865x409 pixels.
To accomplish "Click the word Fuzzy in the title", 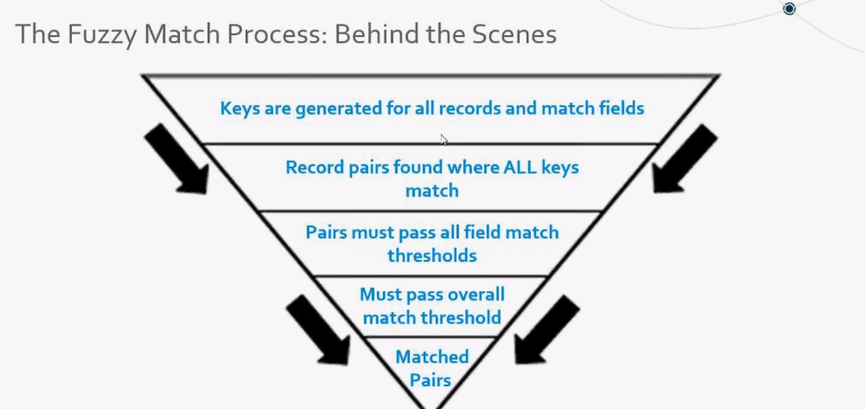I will tap(102, 35).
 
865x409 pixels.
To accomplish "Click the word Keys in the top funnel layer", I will tap(240, 108).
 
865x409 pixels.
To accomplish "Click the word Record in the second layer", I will tap(315, 167).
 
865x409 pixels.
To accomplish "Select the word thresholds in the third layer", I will tap(432, 255).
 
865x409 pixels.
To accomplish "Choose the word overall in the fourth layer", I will tap(475, 294).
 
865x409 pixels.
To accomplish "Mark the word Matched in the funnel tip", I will tap(432, 356).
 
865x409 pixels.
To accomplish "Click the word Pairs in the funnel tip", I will tap(430, 380).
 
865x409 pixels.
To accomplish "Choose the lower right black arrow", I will tap(545, 330).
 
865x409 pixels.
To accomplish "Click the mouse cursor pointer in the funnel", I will tap(443, 140).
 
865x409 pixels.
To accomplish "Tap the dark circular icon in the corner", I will tap(789, 9).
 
